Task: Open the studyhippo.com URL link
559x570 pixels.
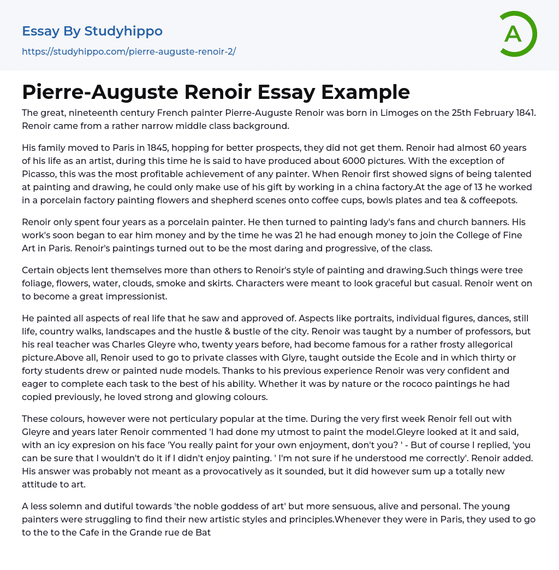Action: (x=129, y=51)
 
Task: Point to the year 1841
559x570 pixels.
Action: (x=524, y=113)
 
